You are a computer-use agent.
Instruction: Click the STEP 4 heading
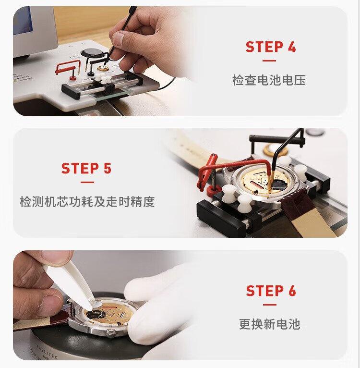coord(271,47)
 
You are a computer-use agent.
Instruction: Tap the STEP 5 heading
coord(86,168)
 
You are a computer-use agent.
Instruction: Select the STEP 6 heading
coord(271,291)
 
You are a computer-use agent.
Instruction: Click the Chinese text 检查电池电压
coord(269,80)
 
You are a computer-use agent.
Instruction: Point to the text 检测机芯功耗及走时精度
coord(87,202)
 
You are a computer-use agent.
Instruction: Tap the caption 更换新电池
coord(270,324)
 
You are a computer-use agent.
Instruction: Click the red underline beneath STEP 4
coord(269,61)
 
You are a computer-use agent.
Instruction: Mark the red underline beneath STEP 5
coord(87,182)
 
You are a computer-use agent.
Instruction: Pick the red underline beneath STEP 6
coord(270,305)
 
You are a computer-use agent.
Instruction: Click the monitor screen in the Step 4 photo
coord(23,21)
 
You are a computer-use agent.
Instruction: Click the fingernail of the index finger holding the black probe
coord(119,38)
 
